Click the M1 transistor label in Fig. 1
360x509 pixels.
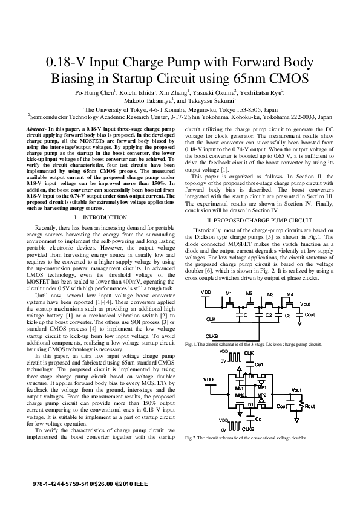228,294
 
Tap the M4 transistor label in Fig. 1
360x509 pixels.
290,294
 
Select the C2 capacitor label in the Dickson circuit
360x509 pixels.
269,316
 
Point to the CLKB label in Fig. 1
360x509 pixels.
212,336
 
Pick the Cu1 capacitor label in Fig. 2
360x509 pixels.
258,365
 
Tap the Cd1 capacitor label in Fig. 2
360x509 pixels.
259,419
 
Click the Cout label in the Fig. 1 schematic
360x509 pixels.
309,315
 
